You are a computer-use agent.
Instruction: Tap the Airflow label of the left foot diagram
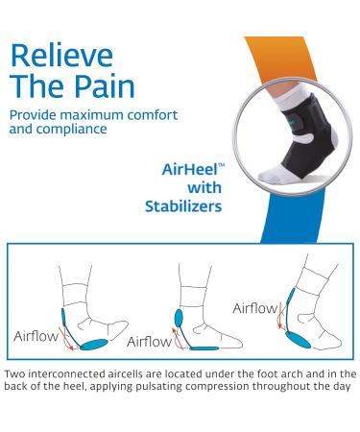(35, 338)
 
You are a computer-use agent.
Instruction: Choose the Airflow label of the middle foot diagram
(148, 341)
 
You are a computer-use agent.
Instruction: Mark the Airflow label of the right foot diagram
(255, 308)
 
